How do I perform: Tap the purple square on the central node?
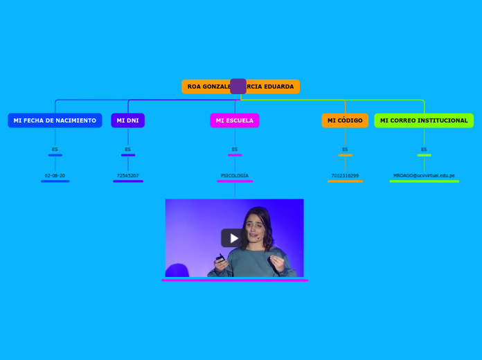tap(238, 86)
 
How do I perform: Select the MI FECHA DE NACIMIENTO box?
tap(55, 120)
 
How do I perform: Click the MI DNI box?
tap(127, 120)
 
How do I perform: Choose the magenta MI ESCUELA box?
tap(234, 120)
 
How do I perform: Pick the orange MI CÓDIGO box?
tap(345, 120)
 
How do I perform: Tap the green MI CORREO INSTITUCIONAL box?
tap(424, 120)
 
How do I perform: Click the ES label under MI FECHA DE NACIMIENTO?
tap(55, 150)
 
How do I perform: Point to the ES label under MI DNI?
tap(127, 150)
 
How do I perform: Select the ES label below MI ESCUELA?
tap(234, 150)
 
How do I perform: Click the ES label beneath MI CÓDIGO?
tap(345, 150)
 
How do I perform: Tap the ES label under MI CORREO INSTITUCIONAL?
tap(424, 150)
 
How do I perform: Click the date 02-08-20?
tap(55, 176)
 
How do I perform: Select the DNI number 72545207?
tap(127, 176)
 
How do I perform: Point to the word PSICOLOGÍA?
tap(235, 176)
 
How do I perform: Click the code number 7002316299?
tap(345, 176)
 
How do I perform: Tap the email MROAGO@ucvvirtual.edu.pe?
tap(424, 176)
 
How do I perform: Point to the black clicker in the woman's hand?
tap(220, 259)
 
